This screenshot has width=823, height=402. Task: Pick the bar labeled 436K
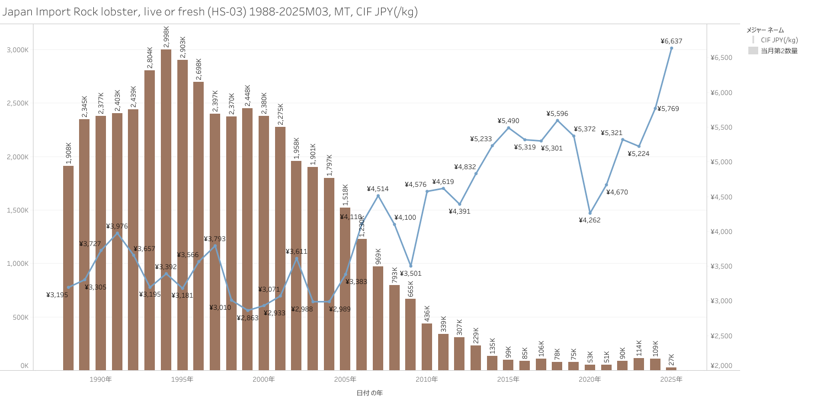pos(427,347)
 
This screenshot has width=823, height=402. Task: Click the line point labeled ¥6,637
pos(671,48)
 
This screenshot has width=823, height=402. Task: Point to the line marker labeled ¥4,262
pos(590,213)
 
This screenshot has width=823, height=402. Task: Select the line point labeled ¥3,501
pos(411,266)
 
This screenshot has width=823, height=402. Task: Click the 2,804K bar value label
pos(150,58)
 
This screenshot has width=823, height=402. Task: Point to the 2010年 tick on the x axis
pos(427,379)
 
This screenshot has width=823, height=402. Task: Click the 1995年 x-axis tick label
pos(182,379)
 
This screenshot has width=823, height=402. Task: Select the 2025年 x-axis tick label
pos(671,379)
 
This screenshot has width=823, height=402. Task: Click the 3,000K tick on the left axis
pos(18,50)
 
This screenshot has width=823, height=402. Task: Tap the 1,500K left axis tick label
pos(18,210)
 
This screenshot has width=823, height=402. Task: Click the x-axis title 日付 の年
pos(369,393)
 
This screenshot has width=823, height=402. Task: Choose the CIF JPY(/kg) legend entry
pos(779,40)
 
